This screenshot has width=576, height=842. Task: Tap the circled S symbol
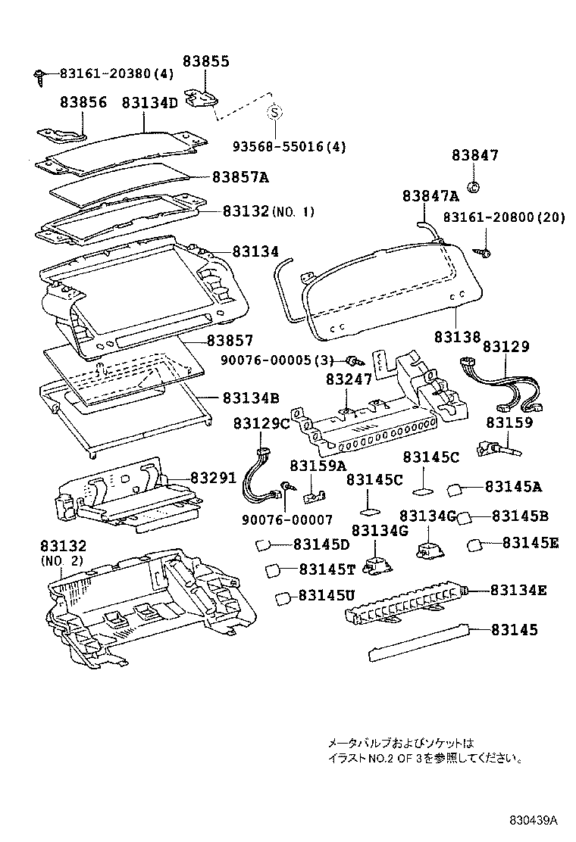[275, 113]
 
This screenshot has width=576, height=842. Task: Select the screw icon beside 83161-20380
[38, 74]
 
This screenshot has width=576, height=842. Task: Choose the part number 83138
[458, 335]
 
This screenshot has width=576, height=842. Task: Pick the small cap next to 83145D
[264, 544]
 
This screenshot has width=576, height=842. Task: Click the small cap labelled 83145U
[282, 597]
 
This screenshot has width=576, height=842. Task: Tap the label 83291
[213, 478]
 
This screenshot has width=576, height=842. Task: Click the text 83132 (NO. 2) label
[63, 552]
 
